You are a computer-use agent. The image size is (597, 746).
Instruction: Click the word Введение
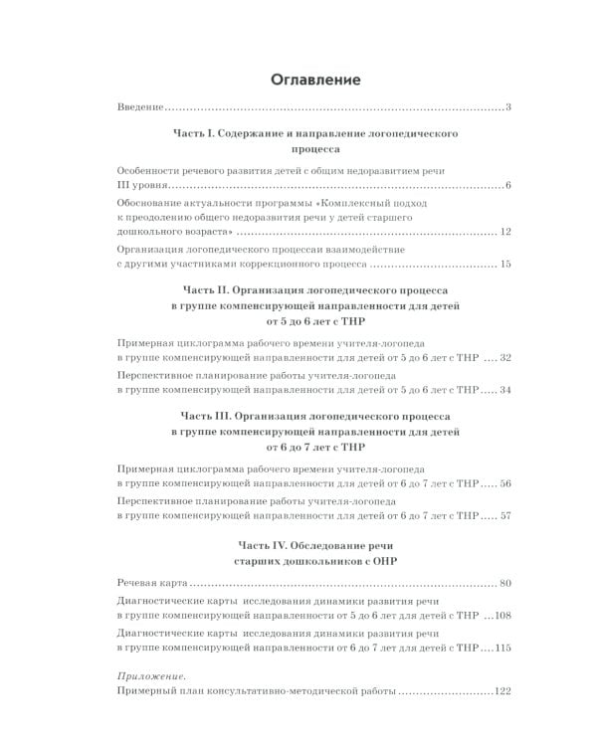pos(139,107)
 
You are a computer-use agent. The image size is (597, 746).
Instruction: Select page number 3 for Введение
pos(507,107)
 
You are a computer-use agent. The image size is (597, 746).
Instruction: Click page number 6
pos(507,186)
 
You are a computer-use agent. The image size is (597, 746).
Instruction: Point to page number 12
pos(504,232)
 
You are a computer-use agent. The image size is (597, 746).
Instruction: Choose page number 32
pos(504,356)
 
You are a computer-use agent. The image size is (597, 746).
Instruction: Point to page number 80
pos(504,581)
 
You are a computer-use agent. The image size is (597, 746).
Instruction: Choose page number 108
pos(501,616)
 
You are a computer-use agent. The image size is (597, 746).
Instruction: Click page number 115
pos(501,649)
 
